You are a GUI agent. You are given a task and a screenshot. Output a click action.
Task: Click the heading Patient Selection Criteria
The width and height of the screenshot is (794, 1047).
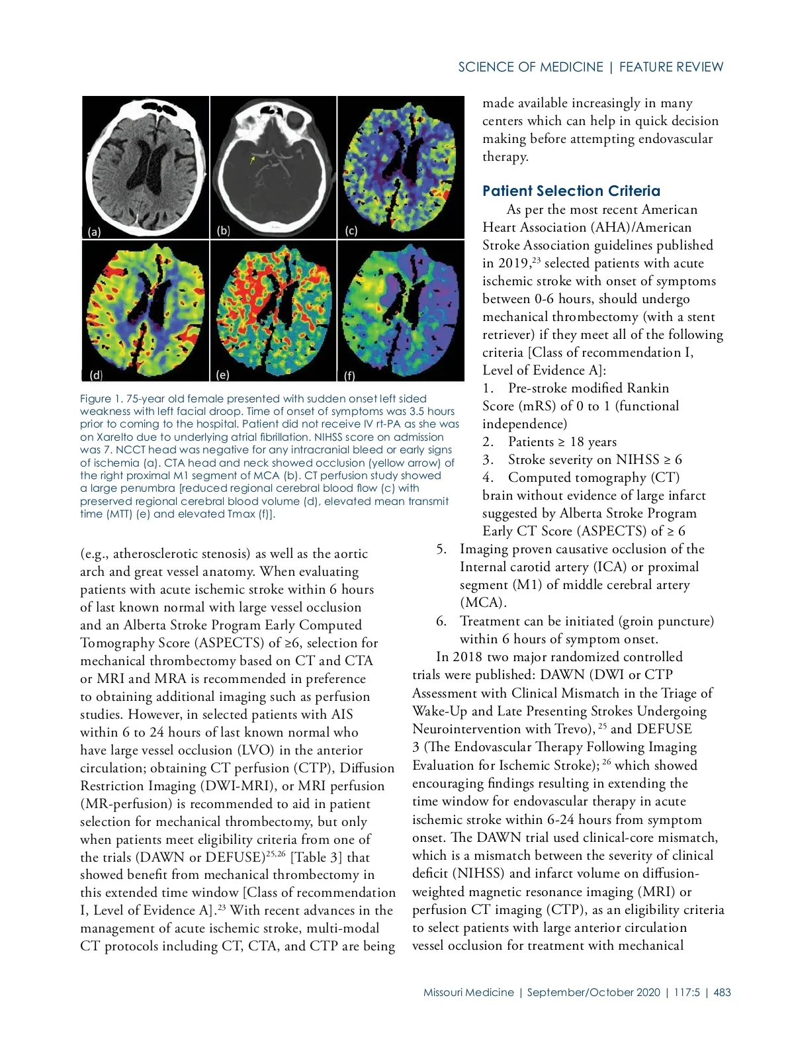point(571,191)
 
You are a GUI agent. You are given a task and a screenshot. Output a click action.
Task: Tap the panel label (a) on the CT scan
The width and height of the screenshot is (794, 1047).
point(95,232)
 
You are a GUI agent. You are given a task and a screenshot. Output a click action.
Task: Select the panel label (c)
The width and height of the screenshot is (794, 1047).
point(351,231)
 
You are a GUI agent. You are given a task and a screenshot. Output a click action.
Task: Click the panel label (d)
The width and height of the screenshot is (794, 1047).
point(96,375)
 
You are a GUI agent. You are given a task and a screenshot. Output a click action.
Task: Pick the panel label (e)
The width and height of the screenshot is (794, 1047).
point(223,375)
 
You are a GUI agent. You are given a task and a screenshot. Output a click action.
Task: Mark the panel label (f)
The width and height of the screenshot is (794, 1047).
point(349,375)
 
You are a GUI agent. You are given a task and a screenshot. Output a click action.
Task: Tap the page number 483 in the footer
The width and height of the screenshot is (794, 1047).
point(723,992)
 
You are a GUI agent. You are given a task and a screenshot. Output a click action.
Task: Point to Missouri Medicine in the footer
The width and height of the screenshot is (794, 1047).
point(468,992)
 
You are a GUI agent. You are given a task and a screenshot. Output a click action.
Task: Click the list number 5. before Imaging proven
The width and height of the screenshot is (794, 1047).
point(441,549)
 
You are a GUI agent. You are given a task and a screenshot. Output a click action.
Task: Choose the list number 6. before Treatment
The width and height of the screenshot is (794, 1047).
point(441,621)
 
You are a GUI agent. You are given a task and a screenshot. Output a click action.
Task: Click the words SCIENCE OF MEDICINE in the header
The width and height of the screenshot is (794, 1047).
point(531,67)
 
